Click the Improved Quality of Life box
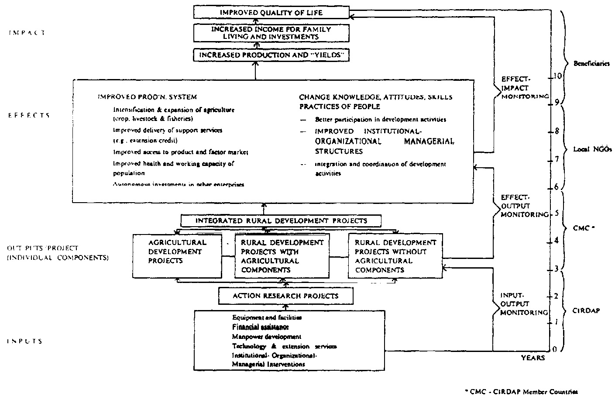click(x=271, y=12)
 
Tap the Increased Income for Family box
click(x=271, y=33)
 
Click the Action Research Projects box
click(x=285, y=296)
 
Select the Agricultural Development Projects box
click(x=177, y=256)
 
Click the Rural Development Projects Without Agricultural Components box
click(x=395, y=256)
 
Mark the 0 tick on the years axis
click(x=554, y=350)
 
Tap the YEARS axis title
click(x=533, y=358)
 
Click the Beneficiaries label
click(x=585, y=63)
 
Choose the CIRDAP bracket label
click(x=586, y=310)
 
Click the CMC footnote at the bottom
click(x=522, y=392)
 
